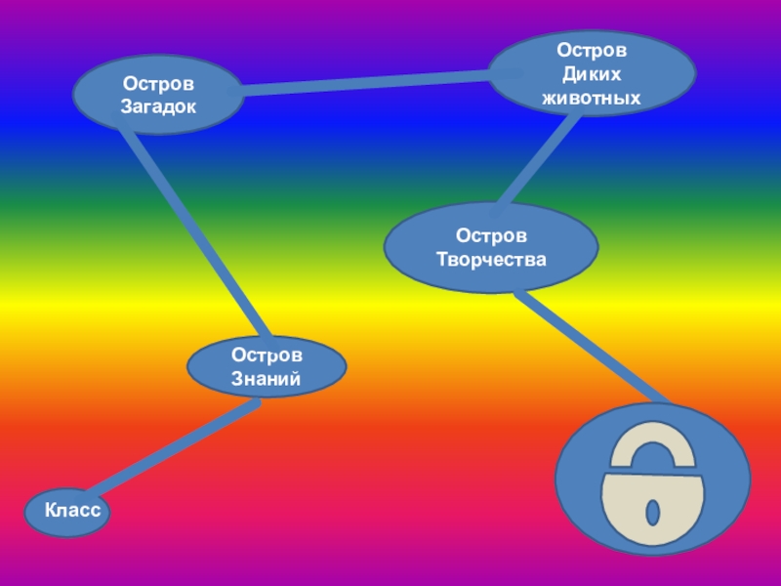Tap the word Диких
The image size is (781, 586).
592,73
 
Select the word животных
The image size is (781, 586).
592,98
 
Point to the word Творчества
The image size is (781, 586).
491,260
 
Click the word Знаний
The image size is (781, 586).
267,379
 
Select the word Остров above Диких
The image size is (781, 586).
592,49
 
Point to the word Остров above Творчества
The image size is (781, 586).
491,236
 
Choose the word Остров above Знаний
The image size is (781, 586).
267,356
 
